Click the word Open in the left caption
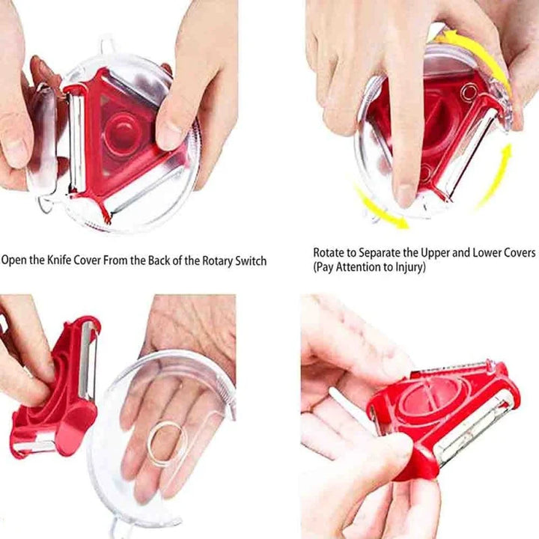[x=15, y=261]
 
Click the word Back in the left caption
[x=153, y=261]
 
